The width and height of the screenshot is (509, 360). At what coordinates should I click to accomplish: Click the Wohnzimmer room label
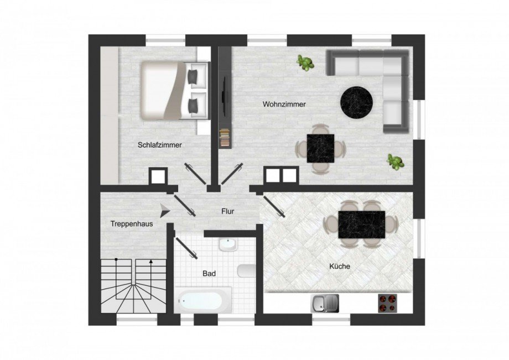point(284,105)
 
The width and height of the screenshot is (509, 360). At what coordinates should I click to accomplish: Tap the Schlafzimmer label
point(160,145)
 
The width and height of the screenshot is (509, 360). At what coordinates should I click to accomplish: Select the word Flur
point(227,211)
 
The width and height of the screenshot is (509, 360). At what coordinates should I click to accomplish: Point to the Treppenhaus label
point(132,224)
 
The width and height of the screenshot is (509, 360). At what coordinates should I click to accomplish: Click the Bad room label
point(209,274)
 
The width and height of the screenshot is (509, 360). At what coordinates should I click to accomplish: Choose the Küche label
point(340,267)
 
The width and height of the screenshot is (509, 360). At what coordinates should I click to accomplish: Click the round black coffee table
point(356,102)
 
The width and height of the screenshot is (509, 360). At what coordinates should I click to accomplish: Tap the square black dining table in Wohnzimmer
point(321,149)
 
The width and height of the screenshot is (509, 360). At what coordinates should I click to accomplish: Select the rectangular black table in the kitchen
point(362,225)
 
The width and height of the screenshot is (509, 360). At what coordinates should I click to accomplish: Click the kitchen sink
point(325,304)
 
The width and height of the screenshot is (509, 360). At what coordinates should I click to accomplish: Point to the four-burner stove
point(387,304)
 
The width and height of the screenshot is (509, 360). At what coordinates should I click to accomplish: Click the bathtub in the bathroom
point(203,300)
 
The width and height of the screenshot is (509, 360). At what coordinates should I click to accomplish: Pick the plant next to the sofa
point(305,63)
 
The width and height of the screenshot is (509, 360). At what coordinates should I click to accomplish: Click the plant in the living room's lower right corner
point(395,162)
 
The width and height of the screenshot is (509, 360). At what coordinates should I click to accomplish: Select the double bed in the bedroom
point(174,91)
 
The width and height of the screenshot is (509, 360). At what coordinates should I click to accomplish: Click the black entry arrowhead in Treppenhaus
point(165,211)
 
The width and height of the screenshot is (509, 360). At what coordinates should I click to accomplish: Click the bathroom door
point(186,248)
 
